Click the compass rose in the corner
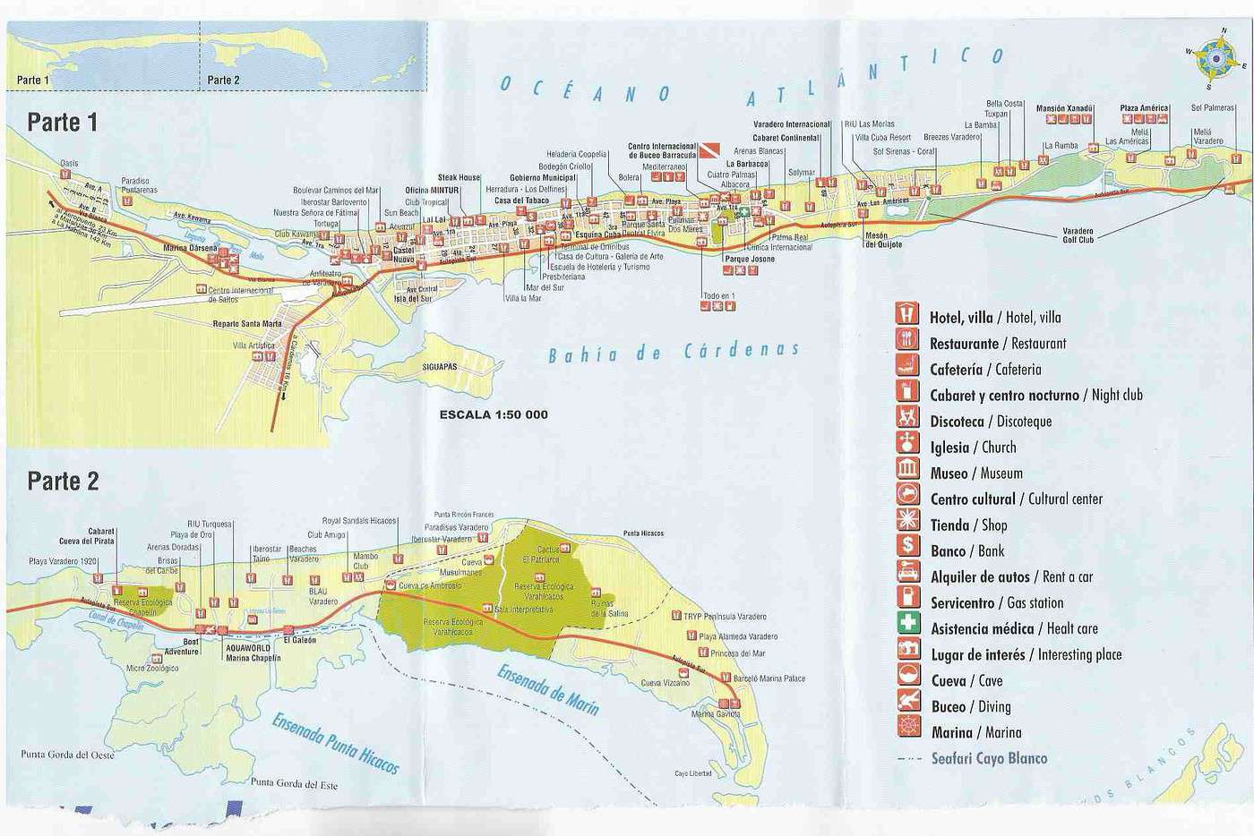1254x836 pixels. pos(1215,58)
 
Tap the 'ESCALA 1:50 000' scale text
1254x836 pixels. pos(494,414)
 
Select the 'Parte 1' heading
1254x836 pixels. pos(62,123)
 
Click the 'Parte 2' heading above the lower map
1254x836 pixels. pos(62,482)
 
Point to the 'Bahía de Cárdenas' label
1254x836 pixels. pos(674,352)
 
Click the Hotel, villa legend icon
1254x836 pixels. pos(908,315)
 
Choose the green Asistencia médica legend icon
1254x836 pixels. pos(908,627)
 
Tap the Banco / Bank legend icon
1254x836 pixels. pos(908,549)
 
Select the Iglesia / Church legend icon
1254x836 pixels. pos(908,445)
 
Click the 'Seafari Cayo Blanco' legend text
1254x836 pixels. pos(989,758)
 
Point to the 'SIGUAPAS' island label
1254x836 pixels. pos(440,367)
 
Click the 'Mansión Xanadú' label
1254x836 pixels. pos(1064,108)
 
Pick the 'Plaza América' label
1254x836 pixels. pos(1144,108)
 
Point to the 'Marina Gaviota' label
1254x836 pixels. pos(716,714)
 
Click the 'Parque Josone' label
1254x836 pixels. pos(749,259)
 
